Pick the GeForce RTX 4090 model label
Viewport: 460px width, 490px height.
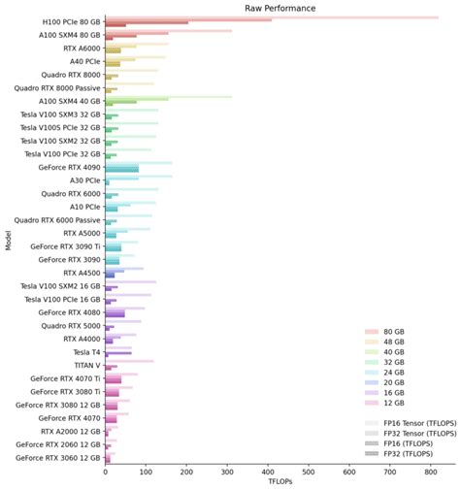tap(67, 167)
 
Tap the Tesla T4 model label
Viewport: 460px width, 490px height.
tap(82, 351)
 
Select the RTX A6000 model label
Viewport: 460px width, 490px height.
tap(80, 48)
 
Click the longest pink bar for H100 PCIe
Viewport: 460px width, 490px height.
tap(272, 17)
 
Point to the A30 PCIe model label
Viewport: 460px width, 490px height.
tap(82, 180)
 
